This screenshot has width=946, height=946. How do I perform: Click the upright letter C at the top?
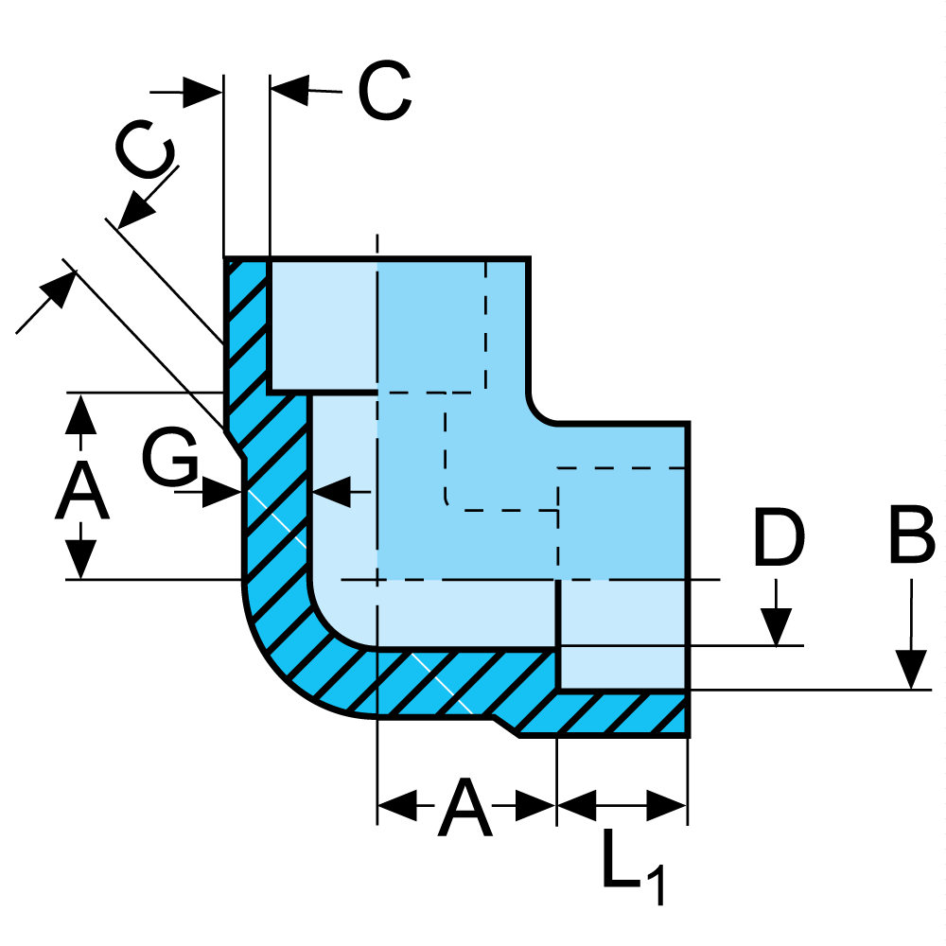(x=384, y=91)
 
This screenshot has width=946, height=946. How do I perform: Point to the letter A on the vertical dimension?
(x=81, y=491)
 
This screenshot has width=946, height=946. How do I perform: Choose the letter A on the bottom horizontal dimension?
(x=465, y=809)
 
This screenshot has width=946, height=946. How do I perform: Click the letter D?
(x=778, y=537)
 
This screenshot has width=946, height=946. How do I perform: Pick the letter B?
(x=912, y=537)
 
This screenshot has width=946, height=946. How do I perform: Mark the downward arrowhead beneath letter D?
(x=778, y=627)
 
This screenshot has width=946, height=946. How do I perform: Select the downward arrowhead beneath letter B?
(x=912, y=671)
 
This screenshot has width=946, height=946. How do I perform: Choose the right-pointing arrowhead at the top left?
(x=202, y=92)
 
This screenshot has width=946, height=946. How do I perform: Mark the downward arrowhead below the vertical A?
(x=81, y=559)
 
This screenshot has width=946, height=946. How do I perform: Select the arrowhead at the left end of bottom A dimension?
(x=396, y=807)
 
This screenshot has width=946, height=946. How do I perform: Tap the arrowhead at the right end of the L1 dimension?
(x=667, y=807)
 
